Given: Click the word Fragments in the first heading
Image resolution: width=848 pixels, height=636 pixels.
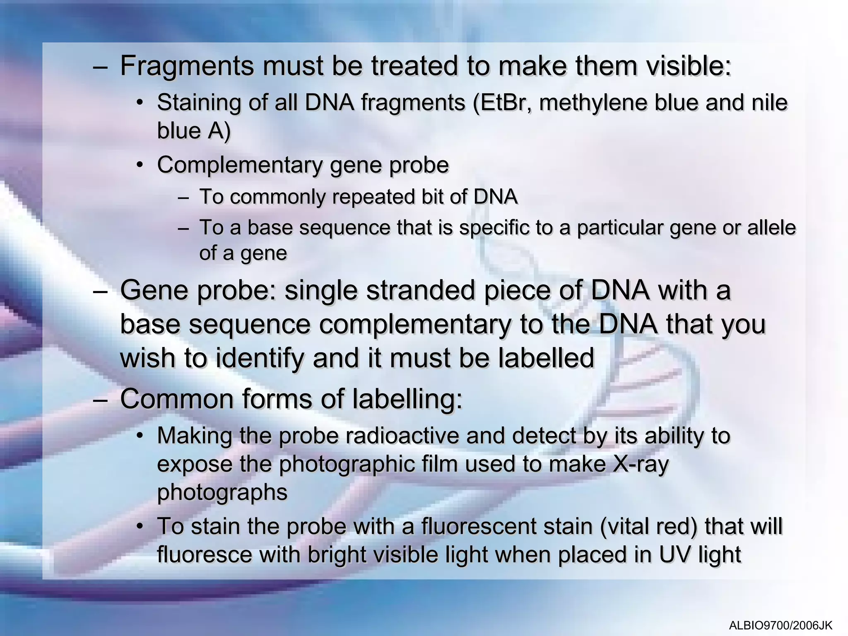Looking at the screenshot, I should [x=186, y=66].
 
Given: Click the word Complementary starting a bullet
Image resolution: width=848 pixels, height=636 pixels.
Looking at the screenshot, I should [x=239, y=165].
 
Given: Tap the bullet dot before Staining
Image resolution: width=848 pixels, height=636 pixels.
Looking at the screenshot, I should [x=140, y=102].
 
